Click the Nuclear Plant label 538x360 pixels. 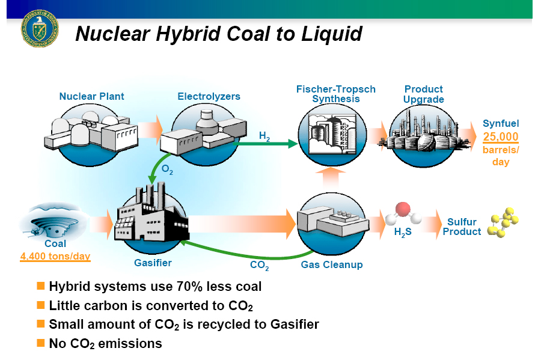pos(91,96)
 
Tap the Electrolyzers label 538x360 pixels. pos(209,96)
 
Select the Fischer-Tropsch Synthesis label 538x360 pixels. pos(335,94)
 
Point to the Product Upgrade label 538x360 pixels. pos(424,94)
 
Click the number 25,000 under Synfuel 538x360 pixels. pos(500,137)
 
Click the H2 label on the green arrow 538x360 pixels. pos(264,136)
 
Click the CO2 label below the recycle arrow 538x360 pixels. pos(259,264)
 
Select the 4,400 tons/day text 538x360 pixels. pos(55,257)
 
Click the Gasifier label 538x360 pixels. pos(153,263)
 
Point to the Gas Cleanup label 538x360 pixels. pos(332,264)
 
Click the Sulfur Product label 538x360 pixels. pos(462,227)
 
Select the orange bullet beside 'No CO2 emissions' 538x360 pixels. pos(41,343)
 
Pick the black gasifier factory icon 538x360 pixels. pos(150,216)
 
